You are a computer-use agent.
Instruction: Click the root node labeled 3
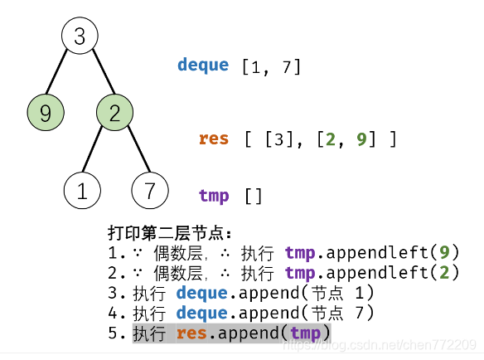80,36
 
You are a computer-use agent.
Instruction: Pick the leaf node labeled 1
81,191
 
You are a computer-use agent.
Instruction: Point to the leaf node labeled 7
149,191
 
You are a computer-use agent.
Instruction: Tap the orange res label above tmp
213,139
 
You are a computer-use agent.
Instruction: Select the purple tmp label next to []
214,196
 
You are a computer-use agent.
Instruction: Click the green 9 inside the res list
362,139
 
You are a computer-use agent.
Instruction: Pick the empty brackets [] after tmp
253,197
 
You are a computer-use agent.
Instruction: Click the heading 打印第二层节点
170,232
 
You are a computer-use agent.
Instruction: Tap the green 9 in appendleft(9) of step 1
444,252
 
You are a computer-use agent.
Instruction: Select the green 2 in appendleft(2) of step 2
444,272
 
